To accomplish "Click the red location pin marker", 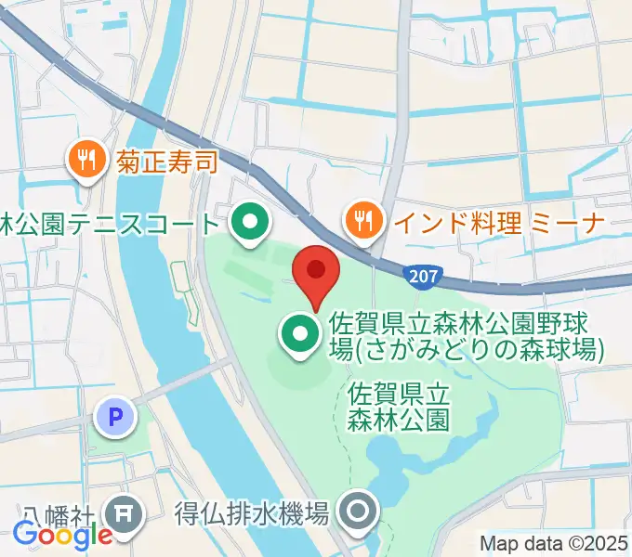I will tap(315, 272).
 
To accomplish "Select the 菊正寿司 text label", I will tap(166, 162).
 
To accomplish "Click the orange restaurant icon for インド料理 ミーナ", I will tap(362, 221).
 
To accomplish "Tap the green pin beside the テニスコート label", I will tap(248, 224).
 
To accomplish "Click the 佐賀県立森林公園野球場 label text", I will tap(465, 338).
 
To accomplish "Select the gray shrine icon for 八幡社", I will tap(125, 512).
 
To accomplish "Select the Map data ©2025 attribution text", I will tap(554, 544).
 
